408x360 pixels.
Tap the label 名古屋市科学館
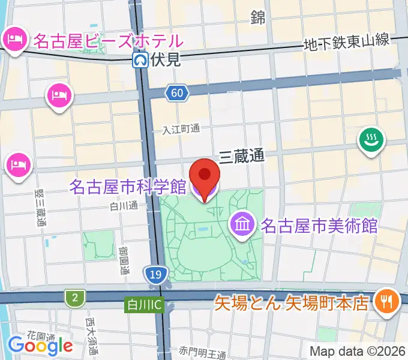point(127,187)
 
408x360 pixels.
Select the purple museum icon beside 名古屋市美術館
point(242,226)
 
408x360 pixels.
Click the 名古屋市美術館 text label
point(318,226)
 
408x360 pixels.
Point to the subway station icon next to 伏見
point(140,59)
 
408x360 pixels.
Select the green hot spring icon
point(372,140)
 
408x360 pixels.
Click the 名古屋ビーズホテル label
point(107,41)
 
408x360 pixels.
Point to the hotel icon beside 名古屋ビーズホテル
point(14,40)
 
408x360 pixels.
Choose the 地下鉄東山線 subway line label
point(347,42)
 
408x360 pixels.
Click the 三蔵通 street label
point(241,157)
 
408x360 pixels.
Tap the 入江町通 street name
point(181,129)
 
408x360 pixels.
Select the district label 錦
point(258,18)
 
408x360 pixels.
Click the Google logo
point(40,345)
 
